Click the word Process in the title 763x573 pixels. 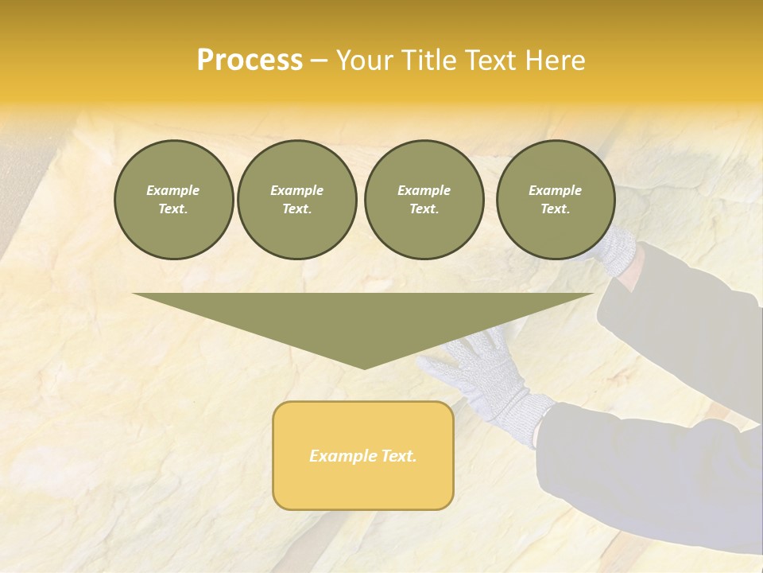(x=250, y=60)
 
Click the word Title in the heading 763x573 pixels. (x=427, y=60)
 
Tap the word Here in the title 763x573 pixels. (x=554, y=60)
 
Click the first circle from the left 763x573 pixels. (x=174, y=200)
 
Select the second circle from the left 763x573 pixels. (x=297, y=200)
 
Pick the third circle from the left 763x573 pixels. (x=424, y=200)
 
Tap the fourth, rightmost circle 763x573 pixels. (x=556, y=200)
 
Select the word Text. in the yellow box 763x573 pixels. (x=398, y=456)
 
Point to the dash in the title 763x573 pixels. (x=320, y=60)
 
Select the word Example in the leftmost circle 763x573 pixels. (x=173, y=190)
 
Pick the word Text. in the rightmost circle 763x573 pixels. (x=556, y=209)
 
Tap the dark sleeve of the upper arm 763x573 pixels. (x=684, y=318)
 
